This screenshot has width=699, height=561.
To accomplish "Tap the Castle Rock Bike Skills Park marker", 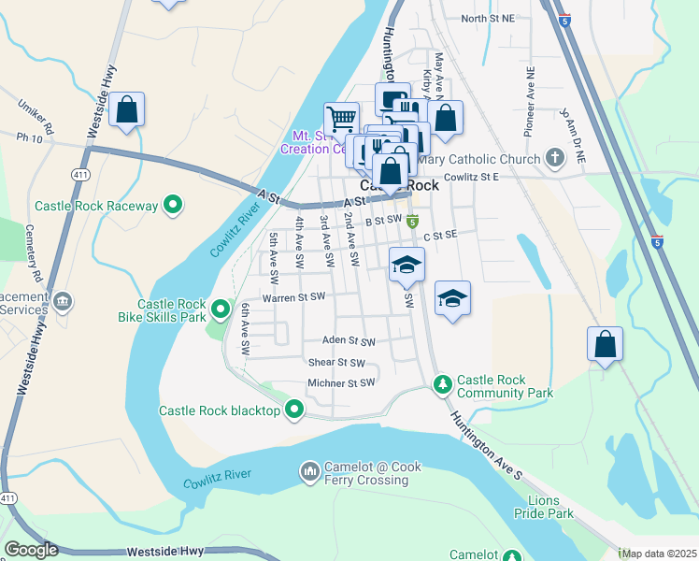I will (x=221, y=308).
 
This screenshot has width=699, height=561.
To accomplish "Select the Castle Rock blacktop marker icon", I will (x=294, y=410).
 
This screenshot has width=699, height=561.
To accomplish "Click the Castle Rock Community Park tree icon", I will (x=442, y=383).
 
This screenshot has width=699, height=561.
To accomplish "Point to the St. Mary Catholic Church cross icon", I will (x=555, y=157).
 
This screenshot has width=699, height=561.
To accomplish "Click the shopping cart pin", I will (x=342, y=119).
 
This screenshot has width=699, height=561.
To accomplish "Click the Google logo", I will (x=31, y=551).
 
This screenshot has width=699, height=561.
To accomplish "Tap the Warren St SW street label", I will (x=293, y=297).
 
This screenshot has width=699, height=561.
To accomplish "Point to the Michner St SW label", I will (x=341, y=382).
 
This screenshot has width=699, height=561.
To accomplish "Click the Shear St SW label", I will (x=335, y=362).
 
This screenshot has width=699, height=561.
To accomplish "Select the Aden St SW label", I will (x=348, y=342).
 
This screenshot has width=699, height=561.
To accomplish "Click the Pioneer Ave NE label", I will (x=530, y=91).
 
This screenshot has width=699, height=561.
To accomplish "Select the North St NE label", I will (x=487, y=18).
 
